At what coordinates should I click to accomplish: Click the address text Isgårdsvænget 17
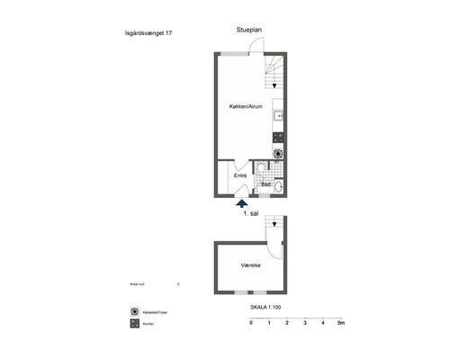[148, 32]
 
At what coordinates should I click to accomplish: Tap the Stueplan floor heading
[249, 29]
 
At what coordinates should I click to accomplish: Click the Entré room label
[240, 175]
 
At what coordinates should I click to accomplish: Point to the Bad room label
[266, 184]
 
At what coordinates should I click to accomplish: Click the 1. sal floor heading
[251, 215]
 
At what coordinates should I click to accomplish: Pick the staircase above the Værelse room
[275, 229]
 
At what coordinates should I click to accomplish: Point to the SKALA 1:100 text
[268, 307]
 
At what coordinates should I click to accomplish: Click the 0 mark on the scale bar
[251, 322]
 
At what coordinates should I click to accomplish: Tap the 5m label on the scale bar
[340, 322]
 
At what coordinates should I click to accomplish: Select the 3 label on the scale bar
[305, 322]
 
